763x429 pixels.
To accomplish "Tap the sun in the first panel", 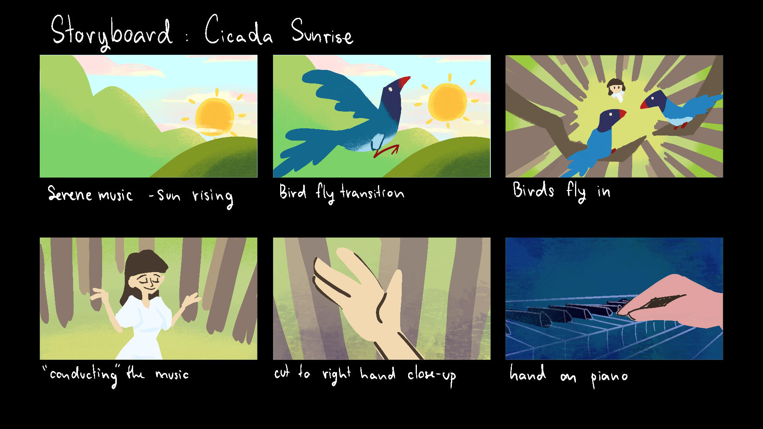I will (215, 116).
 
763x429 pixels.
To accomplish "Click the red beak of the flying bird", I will (404, 82).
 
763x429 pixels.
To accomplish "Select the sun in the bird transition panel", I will (447, 102).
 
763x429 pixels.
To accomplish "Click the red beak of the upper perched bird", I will (644, 105).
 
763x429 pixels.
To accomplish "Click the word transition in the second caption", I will (372, 193).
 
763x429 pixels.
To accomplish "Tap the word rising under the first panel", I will (213, 197).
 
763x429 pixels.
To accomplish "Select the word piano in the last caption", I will (609, 377).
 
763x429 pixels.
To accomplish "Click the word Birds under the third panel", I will (533, 190).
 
